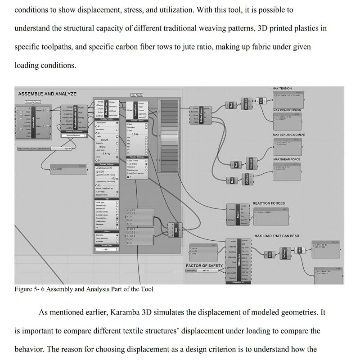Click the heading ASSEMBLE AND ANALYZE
pos(47,94)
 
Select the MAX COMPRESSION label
pos(287,110)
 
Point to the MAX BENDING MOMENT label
pos(289,135)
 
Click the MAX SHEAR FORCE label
pos(287,159)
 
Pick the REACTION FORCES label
pos(269,203)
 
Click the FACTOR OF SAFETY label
pos(204,265)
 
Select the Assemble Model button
pos(33,102)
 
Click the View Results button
pos(137,95)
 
